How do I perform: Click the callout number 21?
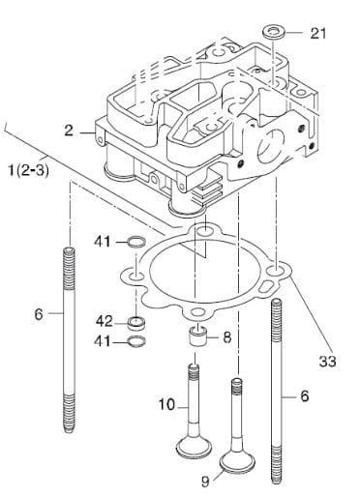click(x=318, y=34)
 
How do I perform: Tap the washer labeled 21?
click(x=274, y=33)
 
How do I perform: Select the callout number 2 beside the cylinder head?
click(x=69, y=131)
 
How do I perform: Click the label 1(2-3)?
click(x=29, y=170)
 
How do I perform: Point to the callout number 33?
click(x=328, y=362)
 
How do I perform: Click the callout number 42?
click(x=105, y=321)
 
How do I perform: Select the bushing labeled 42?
click(x=136, y=323)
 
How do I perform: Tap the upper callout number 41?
click(x=103, y=242)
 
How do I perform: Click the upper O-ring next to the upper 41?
click(x=136, y=242)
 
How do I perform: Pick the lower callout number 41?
click(x=103, y=341)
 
